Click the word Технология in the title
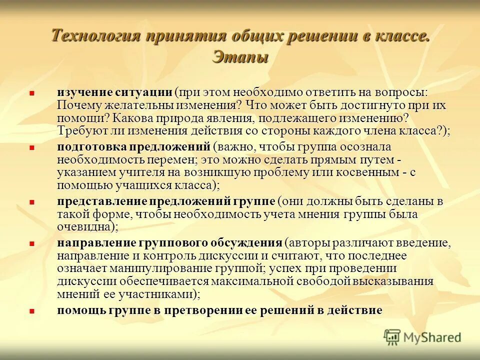[95, 36]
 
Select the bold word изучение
[81, 93]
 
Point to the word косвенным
[370, 172]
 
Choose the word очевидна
[84, 226]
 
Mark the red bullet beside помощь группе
[31, 310]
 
